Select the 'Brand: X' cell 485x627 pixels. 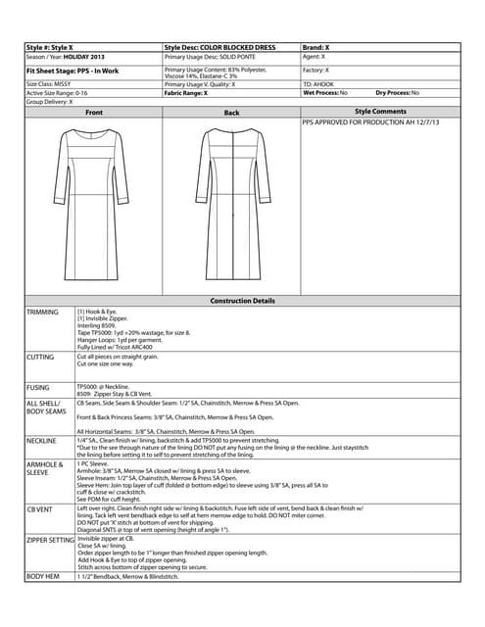point(316,47)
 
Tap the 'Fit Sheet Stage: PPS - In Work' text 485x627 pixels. point(74,72)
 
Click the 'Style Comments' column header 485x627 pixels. point(379,113)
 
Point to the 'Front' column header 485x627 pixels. point(94,113)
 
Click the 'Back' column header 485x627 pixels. point(231,113)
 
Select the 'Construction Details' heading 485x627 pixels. point(243,301)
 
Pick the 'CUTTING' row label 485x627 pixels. point(41,358)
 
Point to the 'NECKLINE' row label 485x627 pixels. point(43,441)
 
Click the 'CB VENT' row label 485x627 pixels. point(42,508)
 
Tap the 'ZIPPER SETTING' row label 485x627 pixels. point(51,540)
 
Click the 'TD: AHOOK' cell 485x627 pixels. point(319,84)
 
